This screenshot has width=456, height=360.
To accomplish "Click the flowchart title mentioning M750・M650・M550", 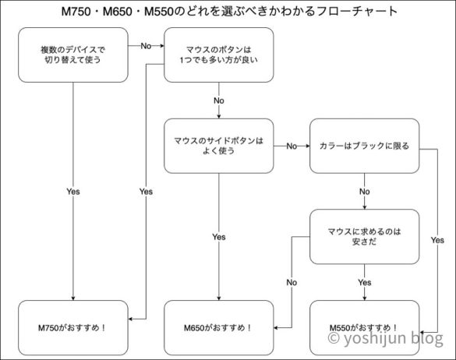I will (x=228, y=12).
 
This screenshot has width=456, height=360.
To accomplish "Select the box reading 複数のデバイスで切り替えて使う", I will (x=73, y=55).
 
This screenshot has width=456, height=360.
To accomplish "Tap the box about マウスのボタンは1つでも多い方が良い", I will (x=218, y=55).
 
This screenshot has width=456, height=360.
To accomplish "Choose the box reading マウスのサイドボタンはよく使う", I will (x=218, y=145).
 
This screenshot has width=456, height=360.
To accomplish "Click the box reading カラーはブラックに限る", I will (x=365, y=145).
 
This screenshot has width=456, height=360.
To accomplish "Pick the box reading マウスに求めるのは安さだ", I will (x=365, y=236).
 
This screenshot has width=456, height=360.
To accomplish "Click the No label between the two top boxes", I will (x=146, y=46).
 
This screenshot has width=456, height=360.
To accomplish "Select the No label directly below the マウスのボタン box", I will (x=218, y=101).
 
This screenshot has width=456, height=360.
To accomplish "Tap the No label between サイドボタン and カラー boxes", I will (x=292, y=146).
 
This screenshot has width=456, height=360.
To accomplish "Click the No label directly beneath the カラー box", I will (x=365, y=191).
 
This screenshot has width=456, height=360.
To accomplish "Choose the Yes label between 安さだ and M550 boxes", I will (x=365, y=281).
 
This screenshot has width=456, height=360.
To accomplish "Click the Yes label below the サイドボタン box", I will (x=218, y=236).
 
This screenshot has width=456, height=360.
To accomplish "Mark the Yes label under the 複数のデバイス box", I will (x=73, y=191).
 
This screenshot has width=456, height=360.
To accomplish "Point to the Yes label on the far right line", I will (x=437, y=241).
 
